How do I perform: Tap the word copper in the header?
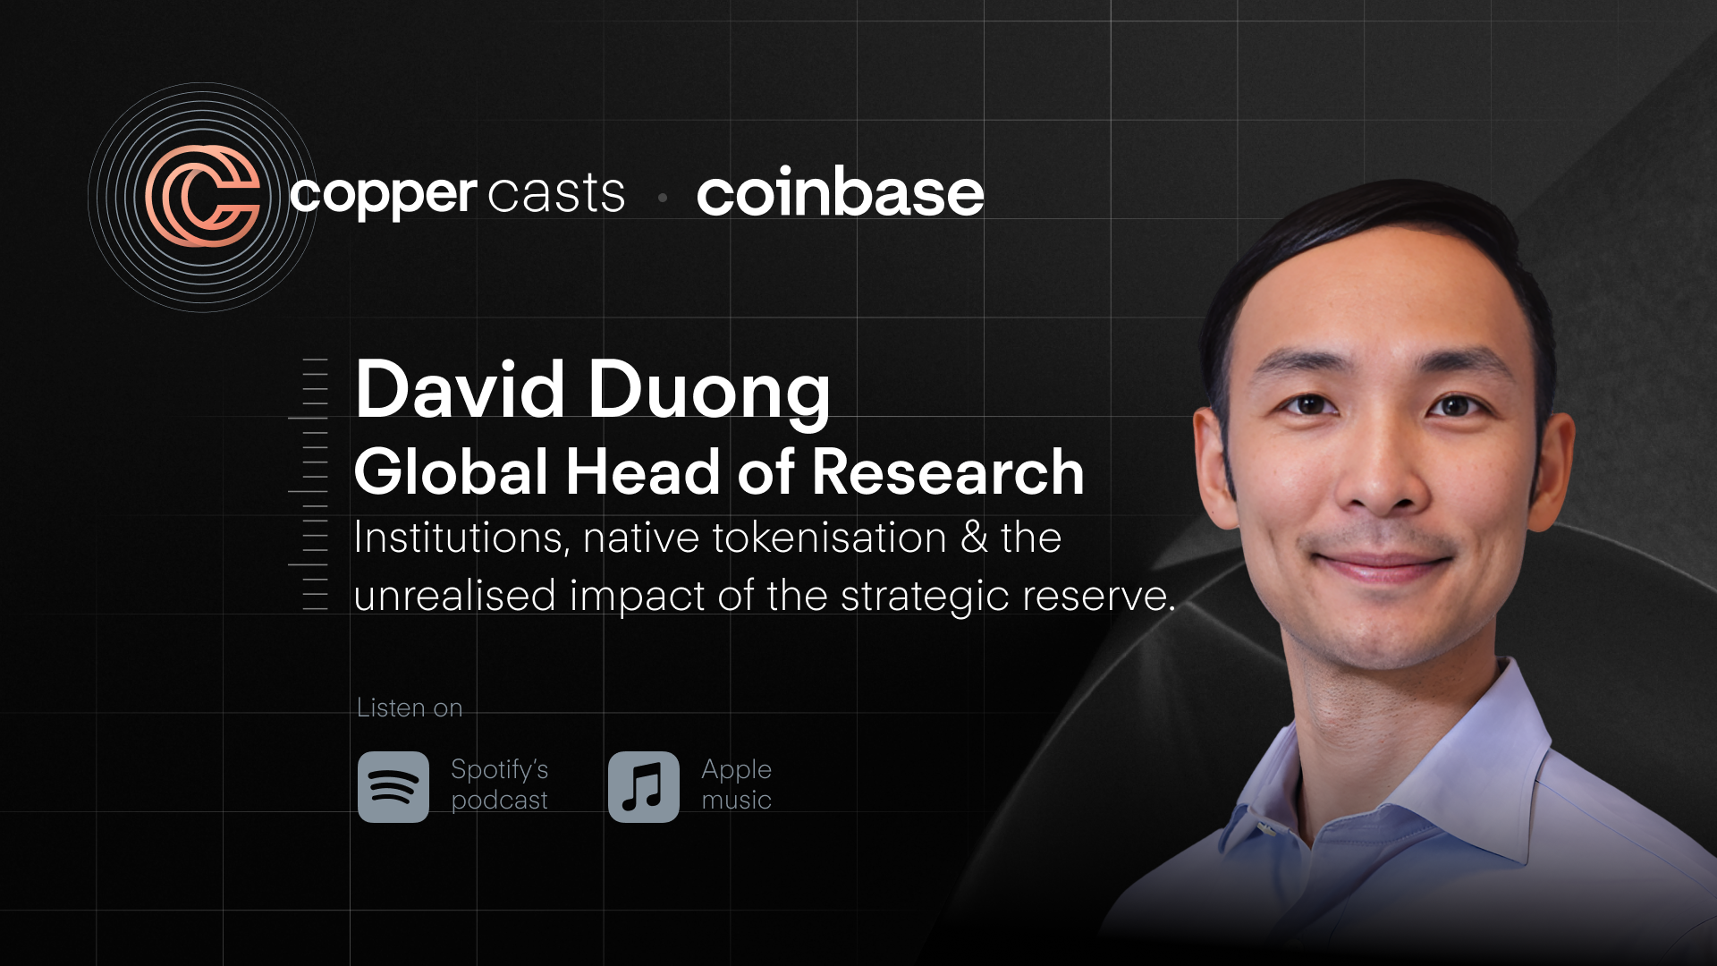[x=383, y=194]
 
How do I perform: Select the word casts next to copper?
[x=556, y=193]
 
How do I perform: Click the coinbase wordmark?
[x=840, y=193]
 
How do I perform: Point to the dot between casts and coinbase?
[x=663, y=198]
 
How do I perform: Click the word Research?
[x=947, y=472]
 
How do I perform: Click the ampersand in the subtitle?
[x=974, y=538]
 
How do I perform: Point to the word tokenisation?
[x=829, y=538]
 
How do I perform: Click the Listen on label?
[x=410, y=708]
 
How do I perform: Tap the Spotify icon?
[x=393, y=787]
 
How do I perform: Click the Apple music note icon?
[x=644, y=787]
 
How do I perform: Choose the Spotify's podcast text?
[x=499, y=784]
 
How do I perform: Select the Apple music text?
[x=736, y=784]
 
